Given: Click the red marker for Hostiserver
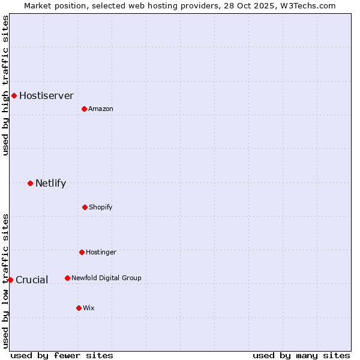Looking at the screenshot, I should click(14, 95).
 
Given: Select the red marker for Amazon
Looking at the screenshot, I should click(84, 109).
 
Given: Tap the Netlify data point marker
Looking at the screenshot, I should click(30, 183).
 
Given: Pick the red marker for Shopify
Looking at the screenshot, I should click(85, 207).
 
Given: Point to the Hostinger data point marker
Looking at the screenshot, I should click(82, 252).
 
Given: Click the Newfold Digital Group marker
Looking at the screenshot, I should click(67, 278).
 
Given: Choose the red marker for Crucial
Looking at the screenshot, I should click(10, 280).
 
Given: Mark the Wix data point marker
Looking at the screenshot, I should click(79, 308).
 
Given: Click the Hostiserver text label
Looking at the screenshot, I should click(46, 95).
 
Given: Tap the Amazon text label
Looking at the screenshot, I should click(101, 109).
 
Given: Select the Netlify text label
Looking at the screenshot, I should click(50, 183).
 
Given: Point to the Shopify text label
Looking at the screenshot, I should click(101, 207).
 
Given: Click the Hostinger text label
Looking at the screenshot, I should click(101, 252).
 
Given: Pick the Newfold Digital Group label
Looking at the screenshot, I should click(106, 278).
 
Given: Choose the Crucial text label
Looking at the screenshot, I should click(32, 280).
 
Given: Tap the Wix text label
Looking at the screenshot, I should click(89, 308).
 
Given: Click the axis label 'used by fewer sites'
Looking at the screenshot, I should click(62, 355).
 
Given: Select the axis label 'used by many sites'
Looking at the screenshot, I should click(301, 355).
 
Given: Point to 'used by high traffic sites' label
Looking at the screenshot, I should click(5, 85).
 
